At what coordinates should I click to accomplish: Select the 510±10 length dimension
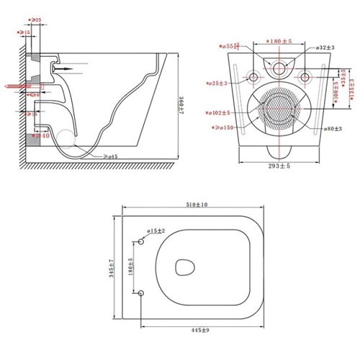click(189, 204)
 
